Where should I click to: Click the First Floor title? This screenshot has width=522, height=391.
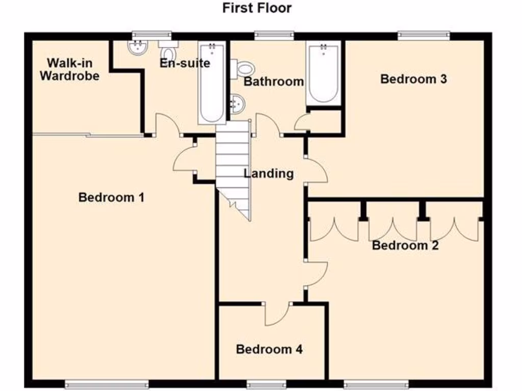tap(257, 8)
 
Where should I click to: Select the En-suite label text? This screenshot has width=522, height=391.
tap(185, 64)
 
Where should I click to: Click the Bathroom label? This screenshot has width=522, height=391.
tap(274, 81)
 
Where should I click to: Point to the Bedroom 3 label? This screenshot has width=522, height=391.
tap(413, 79)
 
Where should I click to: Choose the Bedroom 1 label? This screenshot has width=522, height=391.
tap(111, 197)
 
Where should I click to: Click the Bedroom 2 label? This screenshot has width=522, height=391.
tap(405, 245)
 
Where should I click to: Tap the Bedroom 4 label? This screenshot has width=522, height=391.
tap(269, 349)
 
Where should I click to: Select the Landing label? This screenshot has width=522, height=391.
tap(269, 174)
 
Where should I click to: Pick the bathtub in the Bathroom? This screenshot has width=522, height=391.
tap(323, 73)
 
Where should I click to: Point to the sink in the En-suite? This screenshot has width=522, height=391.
tap(138, 48)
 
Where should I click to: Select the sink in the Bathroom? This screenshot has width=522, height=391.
tap(237, 104)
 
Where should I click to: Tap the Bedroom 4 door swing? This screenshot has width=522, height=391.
tap(277, 315)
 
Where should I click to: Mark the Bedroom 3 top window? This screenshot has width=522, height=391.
tap(424, 35)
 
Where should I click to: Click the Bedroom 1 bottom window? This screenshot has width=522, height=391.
tap(107, 383)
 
